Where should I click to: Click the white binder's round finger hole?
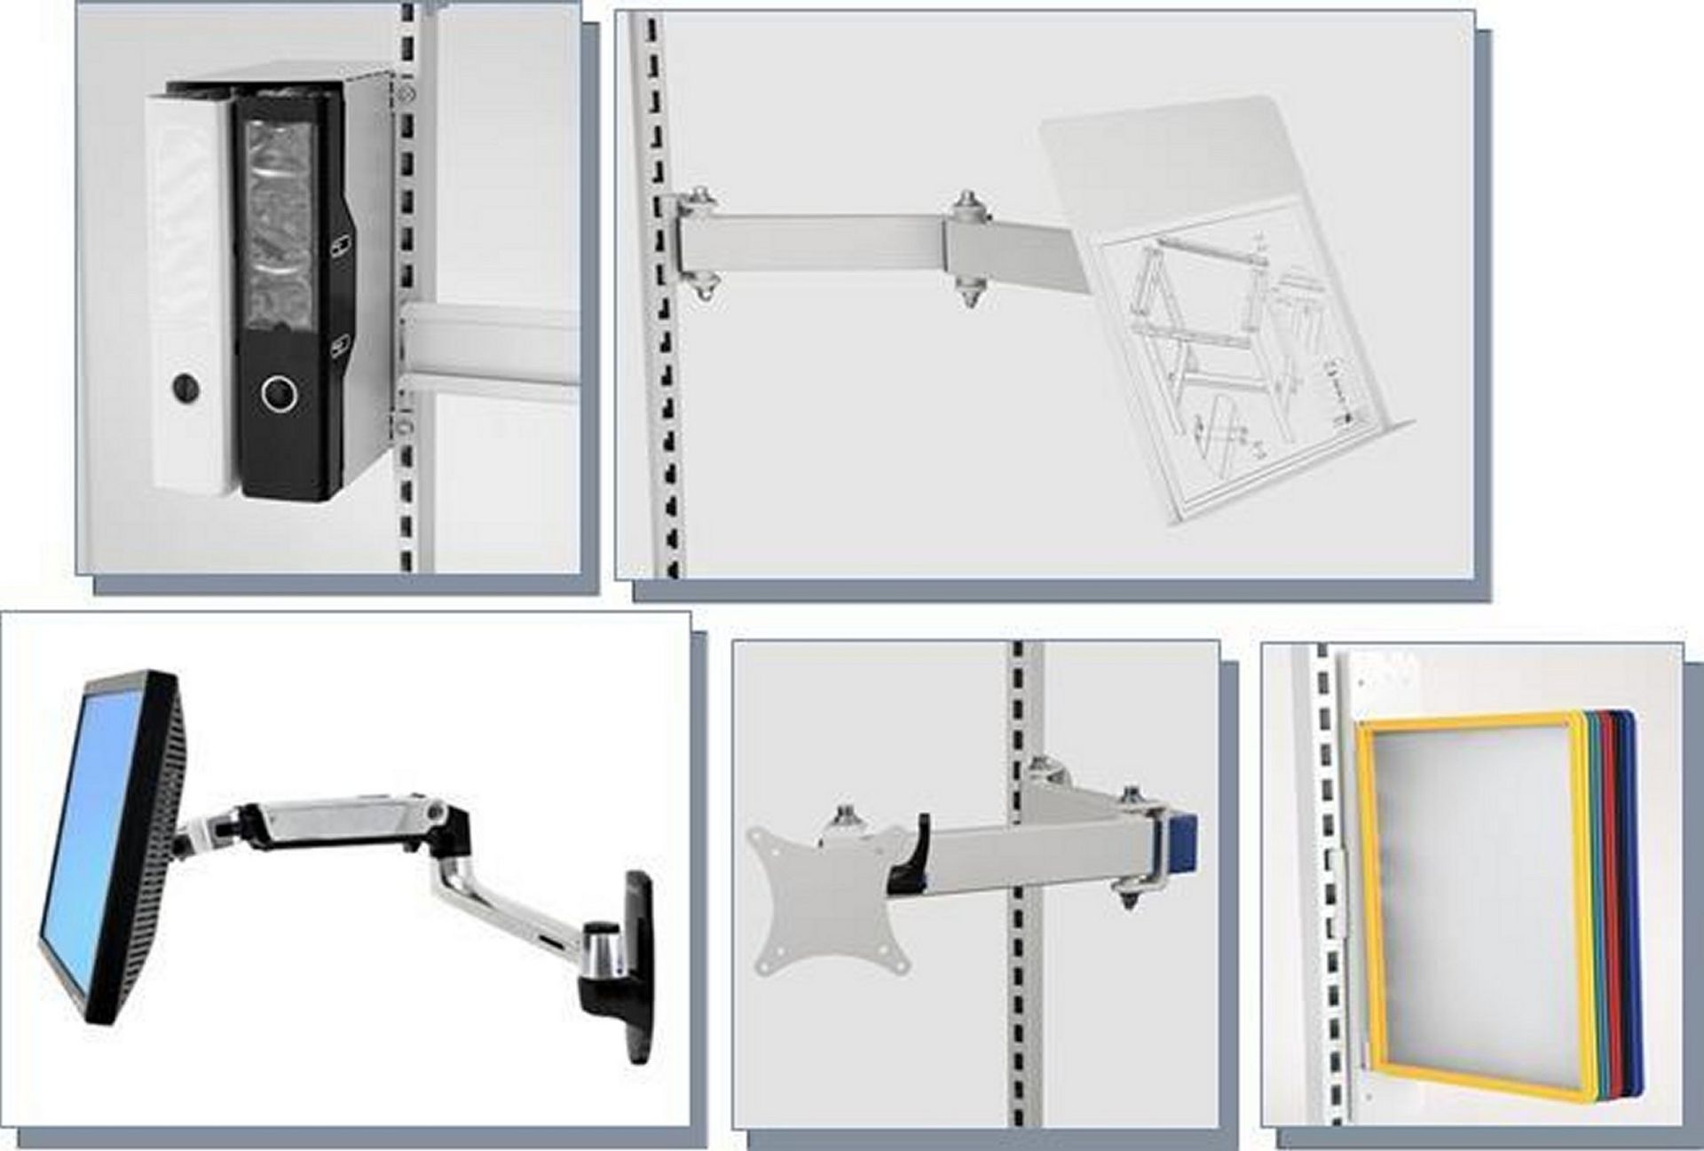pyautogui.click(x=185, y=386)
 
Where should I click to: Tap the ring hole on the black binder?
pyautogui.click(x=280, y=393)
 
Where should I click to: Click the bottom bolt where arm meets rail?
pyautogui.click(x=703, y=288)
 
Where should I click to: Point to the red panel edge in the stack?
pyautogui.click(x=1613, y=887)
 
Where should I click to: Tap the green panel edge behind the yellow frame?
pyautogui.click(x=1595, y=887)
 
